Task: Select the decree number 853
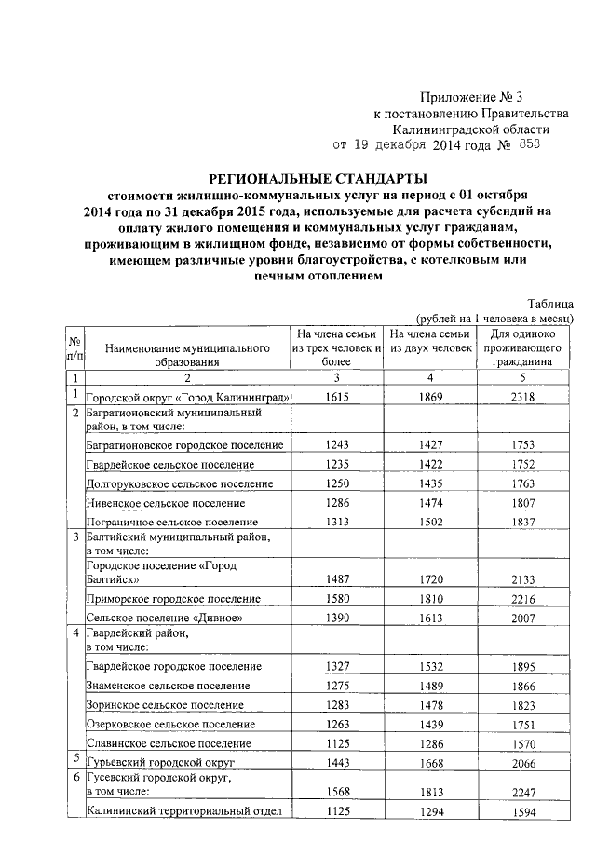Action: tap(525, 145)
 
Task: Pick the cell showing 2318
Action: tap(523, 397)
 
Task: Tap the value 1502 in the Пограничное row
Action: tap(430, 523)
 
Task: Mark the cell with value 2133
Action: tap(523, 578)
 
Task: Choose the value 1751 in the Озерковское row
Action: tap(523, 724)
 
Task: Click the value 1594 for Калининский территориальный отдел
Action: tap(523, 811)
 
